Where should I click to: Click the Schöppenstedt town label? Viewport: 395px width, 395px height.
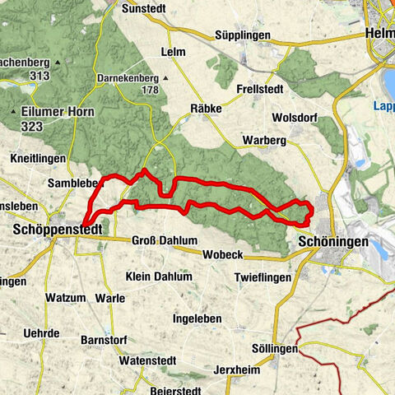(57, 232)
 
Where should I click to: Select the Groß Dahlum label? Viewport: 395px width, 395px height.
(165, 241)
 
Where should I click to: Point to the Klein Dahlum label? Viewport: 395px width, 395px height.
(159, 276)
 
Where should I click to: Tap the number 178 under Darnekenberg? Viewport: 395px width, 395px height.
(149, 90)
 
